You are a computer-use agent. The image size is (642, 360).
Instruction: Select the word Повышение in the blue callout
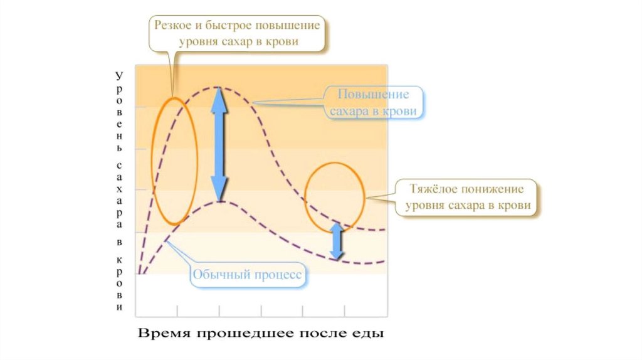coord(374,95)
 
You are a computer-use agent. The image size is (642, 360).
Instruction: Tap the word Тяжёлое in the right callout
coord(433,189)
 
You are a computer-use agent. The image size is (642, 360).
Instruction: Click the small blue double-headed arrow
coord(337,241)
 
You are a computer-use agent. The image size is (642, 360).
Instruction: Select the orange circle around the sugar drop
coord(306,194)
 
